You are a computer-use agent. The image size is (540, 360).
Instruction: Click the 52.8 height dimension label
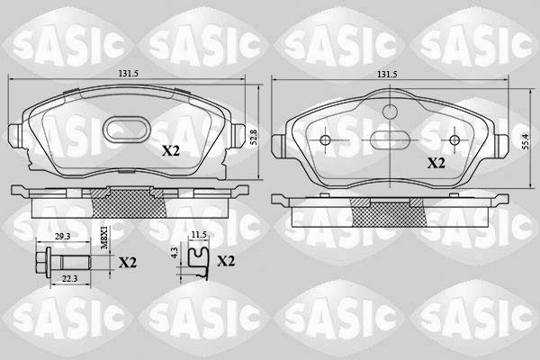254,137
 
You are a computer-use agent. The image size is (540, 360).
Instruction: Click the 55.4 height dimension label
525,141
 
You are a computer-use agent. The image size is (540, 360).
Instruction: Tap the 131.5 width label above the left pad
128,74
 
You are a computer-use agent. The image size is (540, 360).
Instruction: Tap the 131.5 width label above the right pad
387,74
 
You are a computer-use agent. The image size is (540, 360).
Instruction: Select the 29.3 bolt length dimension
63,237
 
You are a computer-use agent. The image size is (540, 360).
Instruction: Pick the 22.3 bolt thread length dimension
70,279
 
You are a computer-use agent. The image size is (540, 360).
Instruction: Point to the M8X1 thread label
104,238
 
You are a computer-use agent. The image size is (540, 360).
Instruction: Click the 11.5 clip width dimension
199,235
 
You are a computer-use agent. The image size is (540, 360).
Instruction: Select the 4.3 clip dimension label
175,253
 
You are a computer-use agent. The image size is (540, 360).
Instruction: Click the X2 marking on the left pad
171,150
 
